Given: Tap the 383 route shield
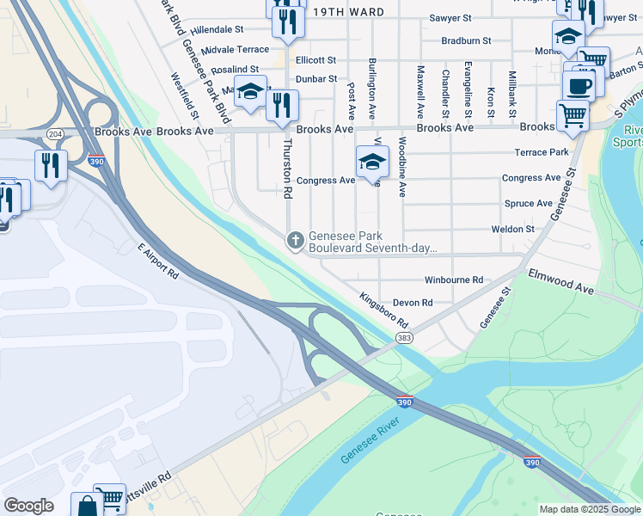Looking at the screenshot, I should click(x=404, y=339).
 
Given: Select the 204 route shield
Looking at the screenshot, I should click(x=56, y=134).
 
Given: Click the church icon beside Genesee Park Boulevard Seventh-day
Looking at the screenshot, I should click(x=296, y=240).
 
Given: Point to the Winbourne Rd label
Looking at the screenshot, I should click(x=454, y=280).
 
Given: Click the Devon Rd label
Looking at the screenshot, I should click(x=413, y=303).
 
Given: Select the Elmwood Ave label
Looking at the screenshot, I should click(x=561, y=283).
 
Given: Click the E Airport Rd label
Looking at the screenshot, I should click(x=157, y=261).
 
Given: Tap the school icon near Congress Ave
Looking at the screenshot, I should click(x=372, y=161).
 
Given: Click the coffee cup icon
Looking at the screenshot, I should click(x=579, y=86).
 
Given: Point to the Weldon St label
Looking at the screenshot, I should click(x=512, y=230).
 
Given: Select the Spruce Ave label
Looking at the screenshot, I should click(x=528, y=204).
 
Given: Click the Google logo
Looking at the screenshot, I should click(x=28, y=506).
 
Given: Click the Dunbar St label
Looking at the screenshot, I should click(x=316, y=78).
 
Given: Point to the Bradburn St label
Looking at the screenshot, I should click(x=466, y=40).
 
